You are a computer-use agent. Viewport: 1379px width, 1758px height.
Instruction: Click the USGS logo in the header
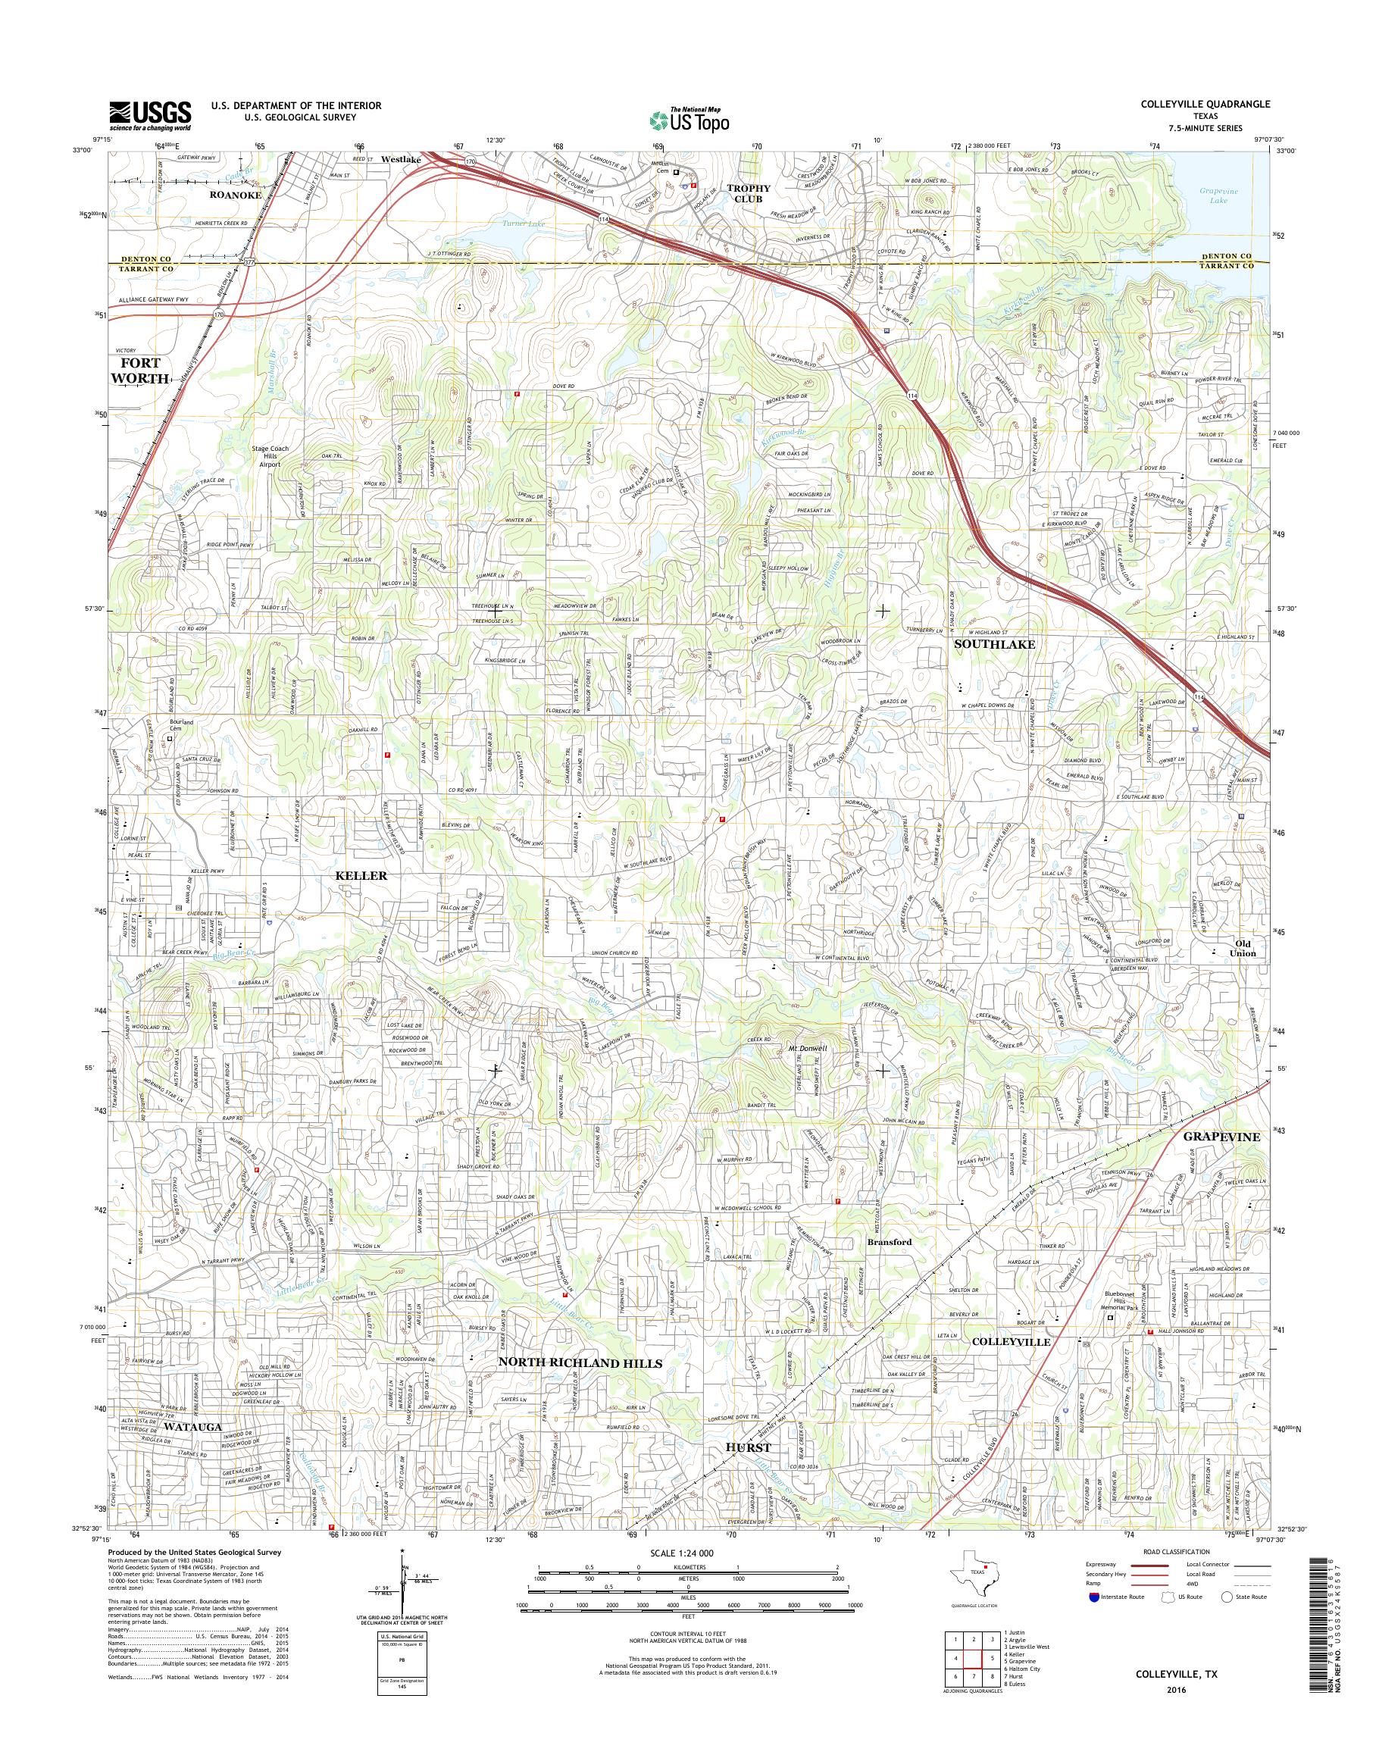(x=150, y=116)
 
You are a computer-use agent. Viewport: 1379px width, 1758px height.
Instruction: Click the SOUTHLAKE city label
(x=994, y=644)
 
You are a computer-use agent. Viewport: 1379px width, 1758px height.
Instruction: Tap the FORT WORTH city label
(x=139, y=371)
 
